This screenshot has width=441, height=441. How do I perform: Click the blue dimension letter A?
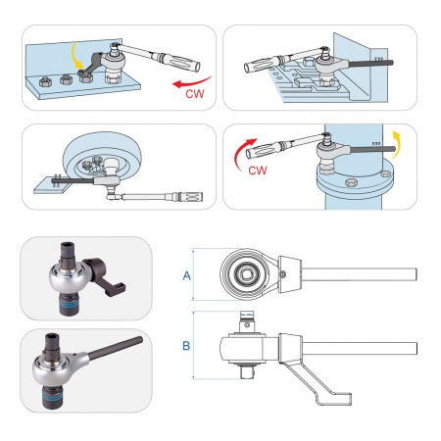point(186,275)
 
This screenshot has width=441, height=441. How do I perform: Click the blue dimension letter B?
point(186,346)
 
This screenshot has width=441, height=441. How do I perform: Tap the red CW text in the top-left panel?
point(195,94)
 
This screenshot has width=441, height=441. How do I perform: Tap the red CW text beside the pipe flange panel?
point(258,171)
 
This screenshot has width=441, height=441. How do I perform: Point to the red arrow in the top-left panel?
point(191,82)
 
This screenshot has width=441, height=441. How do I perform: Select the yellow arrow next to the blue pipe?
point(396,144)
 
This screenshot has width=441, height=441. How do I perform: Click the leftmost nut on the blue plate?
point(45,81)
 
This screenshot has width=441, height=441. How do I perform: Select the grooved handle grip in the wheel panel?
point(190,197)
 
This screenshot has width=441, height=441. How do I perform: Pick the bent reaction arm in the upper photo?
point(105,274)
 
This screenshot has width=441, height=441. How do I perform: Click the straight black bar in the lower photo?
point(115,349)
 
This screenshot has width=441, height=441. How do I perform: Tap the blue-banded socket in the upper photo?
point(69,304)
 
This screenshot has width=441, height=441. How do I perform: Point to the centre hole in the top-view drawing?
point(245,274)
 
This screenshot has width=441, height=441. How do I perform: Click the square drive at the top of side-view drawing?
point(247,321)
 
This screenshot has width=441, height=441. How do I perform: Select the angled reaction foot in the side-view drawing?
point(316,381)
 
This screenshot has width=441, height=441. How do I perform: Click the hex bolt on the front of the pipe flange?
point(351,183)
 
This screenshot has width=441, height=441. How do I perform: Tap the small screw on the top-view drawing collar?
point(283,274)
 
